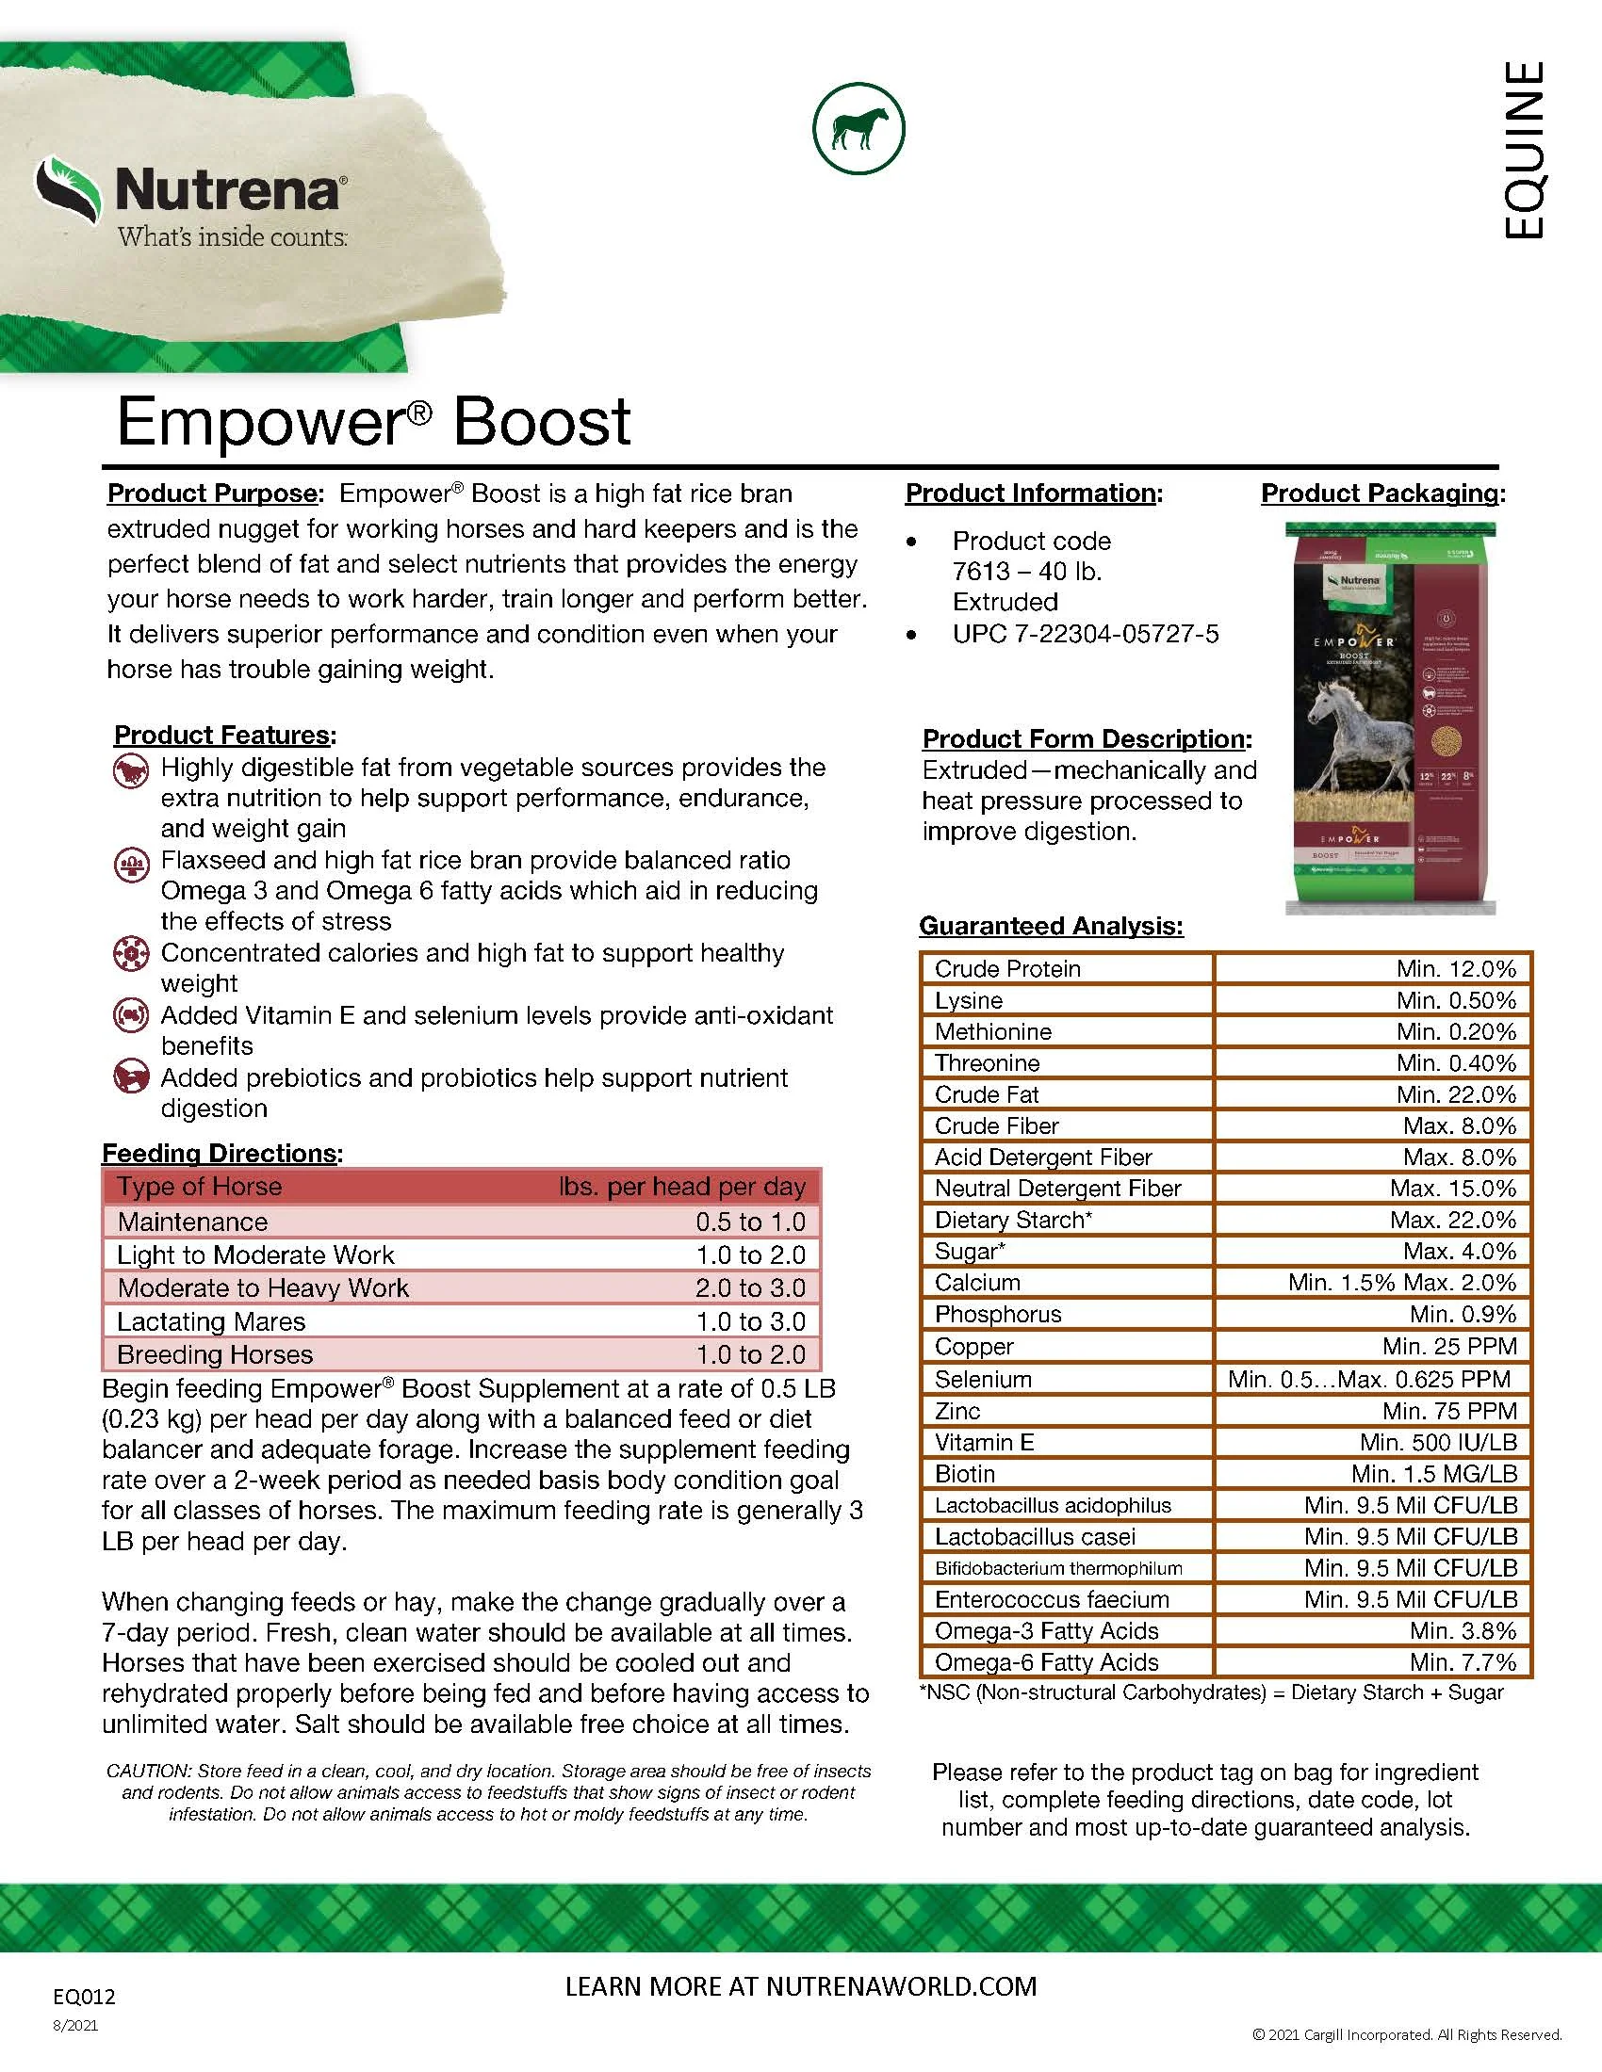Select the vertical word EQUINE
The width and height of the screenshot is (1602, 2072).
tap(1524, 150)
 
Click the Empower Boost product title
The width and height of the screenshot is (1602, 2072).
tap(373, 421)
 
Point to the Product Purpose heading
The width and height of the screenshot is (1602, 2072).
tap(213, 494)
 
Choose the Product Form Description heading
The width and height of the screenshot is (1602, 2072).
tap(1086, 739)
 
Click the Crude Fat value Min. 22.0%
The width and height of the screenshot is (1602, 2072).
tap(1456, 1094)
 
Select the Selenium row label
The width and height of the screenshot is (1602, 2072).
tap(983, 1379)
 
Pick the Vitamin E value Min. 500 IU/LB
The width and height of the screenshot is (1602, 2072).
tap(1438, 1442)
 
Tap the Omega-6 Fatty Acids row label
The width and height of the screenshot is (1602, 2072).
tap(1046, 1662)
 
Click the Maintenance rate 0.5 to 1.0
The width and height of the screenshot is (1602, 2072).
tap(750, 1222)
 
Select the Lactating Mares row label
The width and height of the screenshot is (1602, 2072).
tap(211, 1321)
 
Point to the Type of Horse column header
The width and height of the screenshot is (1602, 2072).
tap(199, 1187)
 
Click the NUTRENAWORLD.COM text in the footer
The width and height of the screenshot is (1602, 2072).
tap(901, 1987)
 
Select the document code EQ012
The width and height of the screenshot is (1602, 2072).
tap(85, 1996)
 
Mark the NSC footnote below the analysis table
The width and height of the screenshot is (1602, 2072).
tap(1211, 1692)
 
